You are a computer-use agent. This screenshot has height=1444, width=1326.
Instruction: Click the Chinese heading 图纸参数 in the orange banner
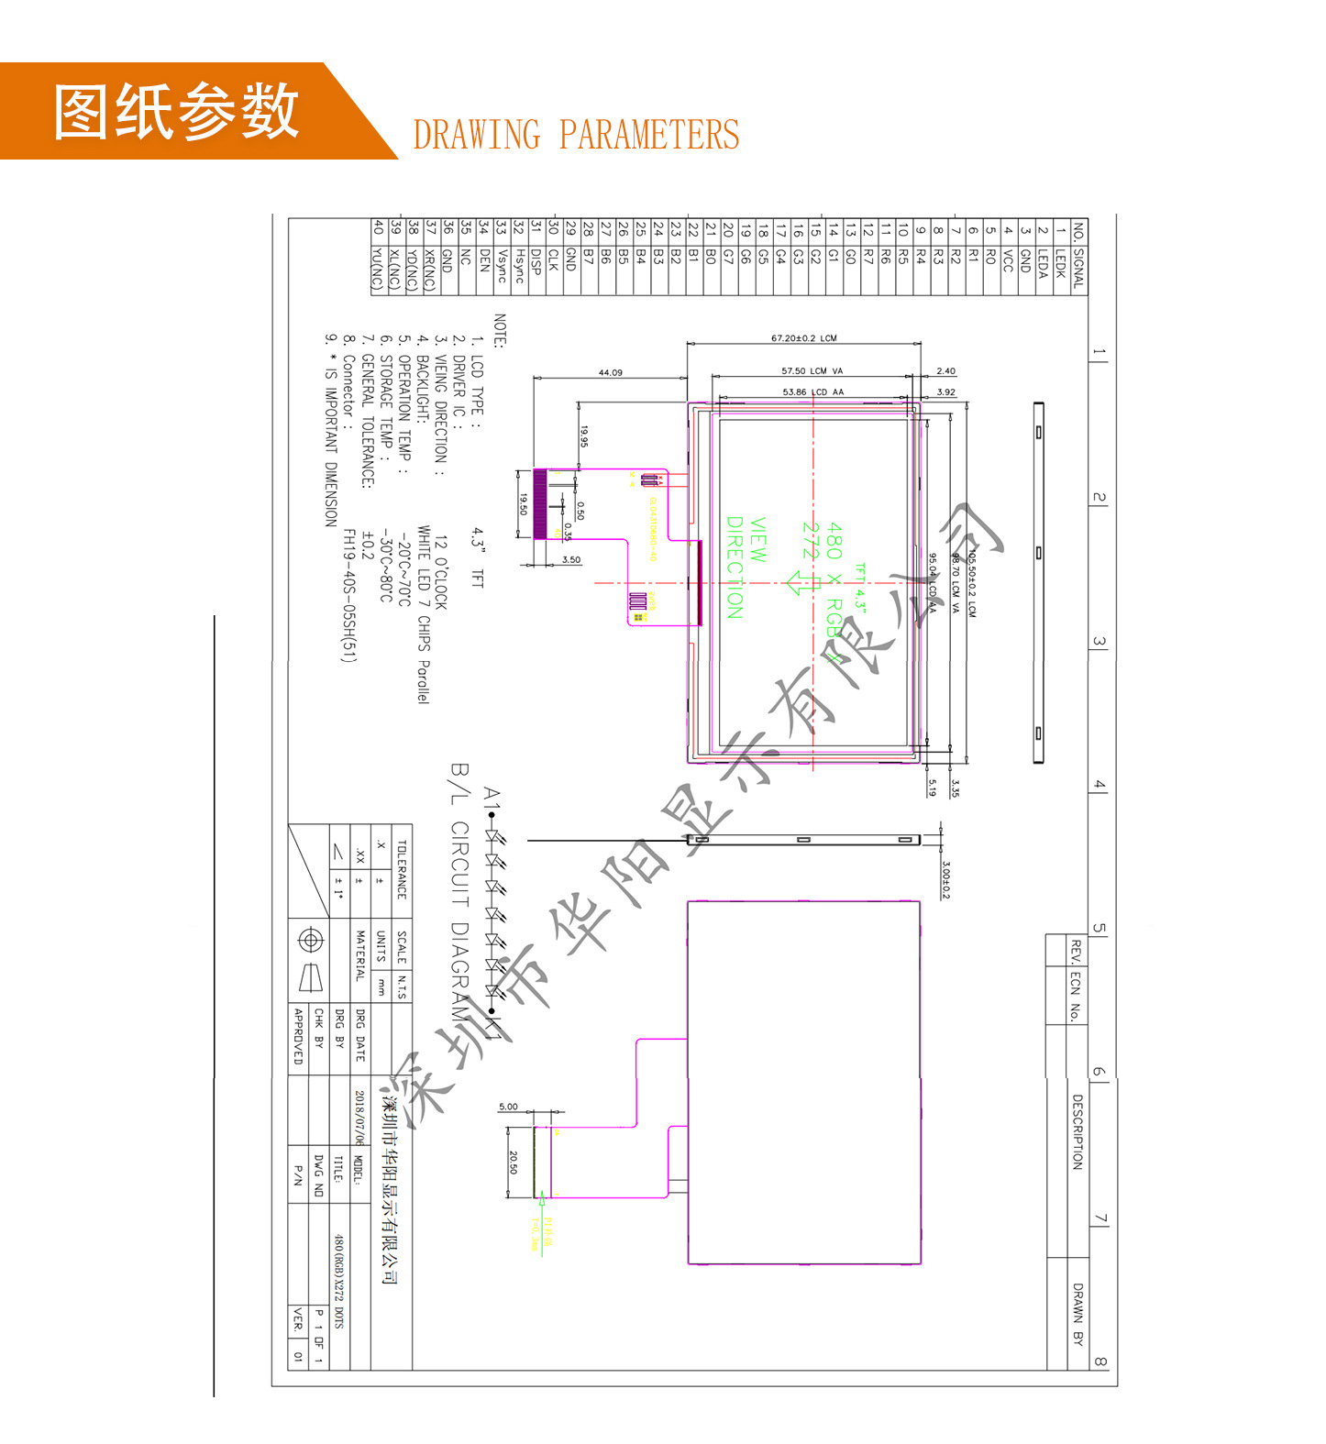pyautogui.click(x=176, y=111)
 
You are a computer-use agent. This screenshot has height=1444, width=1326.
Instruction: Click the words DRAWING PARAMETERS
pyautogui.click(x=576, y=135)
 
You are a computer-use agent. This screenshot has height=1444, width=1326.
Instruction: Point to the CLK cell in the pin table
pyautogui.click(x=554, y=259)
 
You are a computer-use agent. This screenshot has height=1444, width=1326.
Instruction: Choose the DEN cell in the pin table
pyautogui.click(x=484, y=260)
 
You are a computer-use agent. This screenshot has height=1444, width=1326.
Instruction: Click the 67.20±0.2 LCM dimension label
pyautogui.click(x=803, y=338)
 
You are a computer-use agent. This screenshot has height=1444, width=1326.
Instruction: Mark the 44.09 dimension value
pyautogui.click(x=610, y=372)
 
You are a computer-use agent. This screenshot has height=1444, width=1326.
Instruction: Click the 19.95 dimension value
pyautogui.click(x=584, y=436)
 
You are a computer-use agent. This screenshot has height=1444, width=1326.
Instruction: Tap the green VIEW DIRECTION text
pyautogui.click(x=746, y=567)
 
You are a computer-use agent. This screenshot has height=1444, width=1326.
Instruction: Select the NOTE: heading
pyautogui.click(x=500, y=331)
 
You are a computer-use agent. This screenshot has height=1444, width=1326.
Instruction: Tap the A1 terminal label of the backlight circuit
pyautogui.click(x=492, y=798)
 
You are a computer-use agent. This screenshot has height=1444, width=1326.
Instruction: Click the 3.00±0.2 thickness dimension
pyautogui.click(x=945, y=879)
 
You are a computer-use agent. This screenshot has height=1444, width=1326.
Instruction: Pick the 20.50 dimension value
pyautogui.click(x=514, y=1162)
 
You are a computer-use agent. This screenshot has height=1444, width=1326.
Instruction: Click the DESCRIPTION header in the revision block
pyautogui.click(x=1077, y=1131)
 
